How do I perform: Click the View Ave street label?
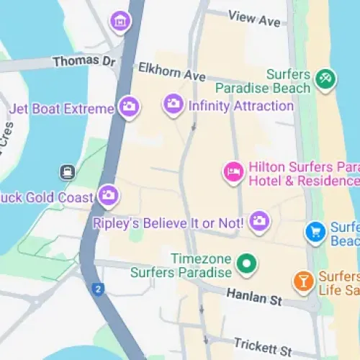tap(253, 18)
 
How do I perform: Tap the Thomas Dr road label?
tap(84, 62)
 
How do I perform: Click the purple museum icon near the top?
tap(120, 22)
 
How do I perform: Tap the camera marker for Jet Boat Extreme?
tap(130, 108)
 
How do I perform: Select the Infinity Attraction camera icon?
tap(173, 105)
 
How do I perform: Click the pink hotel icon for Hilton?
tap(233, 172)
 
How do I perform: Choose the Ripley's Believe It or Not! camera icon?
tap(259, 222)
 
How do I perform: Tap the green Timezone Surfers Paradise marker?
tap(248, 264)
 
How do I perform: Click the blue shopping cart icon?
tap(315, 232)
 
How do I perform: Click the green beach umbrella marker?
tap(325, 79)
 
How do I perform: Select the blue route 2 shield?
tap(98, 289)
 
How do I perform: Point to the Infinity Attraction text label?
tap(240, 106)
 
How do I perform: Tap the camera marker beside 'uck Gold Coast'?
tap(108, 194)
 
